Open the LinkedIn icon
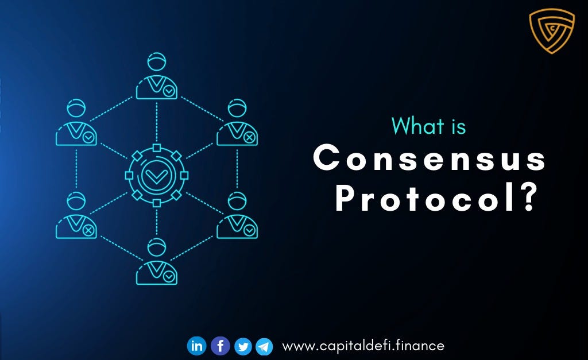pyautogui.click(x=196, y=346)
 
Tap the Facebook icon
pyautogui.click(x=220, y=346)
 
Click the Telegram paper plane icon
pyautogui.click(x=264, y=346)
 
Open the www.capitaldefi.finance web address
pyautogui.click(x=363, y=346)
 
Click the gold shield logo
pyautogui.click(x=552, y=30)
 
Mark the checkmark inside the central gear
pyautogui.click(x=157, y=174)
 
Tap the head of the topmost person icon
pyautogui.click(x=157, y=62)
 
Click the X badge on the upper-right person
pyautogui.click(x=249, y=138)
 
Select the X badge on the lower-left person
pyautogui.click(x=88, y=230)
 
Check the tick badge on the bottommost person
pyautogui.click(x=169, y=276)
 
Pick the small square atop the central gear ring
pyautogui.click(x=157, y=148)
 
